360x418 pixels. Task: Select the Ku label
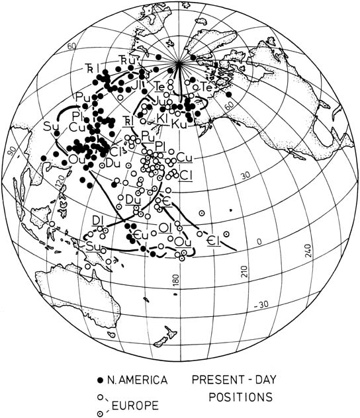click(179, 123)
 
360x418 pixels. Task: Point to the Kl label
click(163, 118)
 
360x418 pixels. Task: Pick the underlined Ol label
click(165, 228)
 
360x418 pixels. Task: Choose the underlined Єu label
click(140, 235)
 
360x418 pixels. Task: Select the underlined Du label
click(132, 200)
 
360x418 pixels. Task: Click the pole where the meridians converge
click(181, 63)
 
